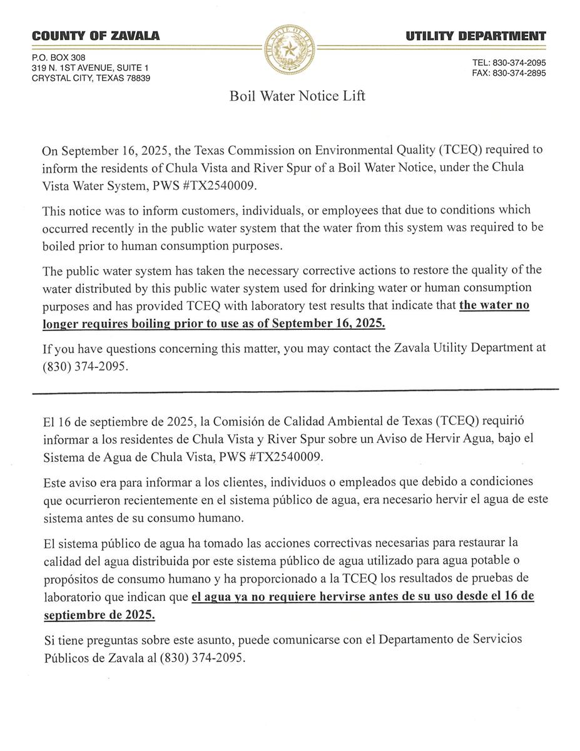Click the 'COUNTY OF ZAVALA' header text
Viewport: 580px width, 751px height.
tap(96, 36)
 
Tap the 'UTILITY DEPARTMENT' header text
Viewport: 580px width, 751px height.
tap(476, 36)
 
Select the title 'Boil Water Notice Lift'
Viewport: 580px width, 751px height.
tap(297, 96)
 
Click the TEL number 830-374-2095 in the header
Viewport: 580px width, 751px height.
tap(519, 63)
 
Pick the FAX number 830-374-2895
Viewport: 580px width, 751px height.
tap(519, 73)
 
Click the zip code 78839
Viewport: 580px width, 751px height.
tap(137, 78)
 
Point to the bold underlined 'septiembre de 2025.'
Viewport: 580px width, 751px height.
tap(99, 615)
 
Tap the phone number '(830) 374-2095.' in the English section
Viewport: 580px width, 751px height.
tap(85, 367)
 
